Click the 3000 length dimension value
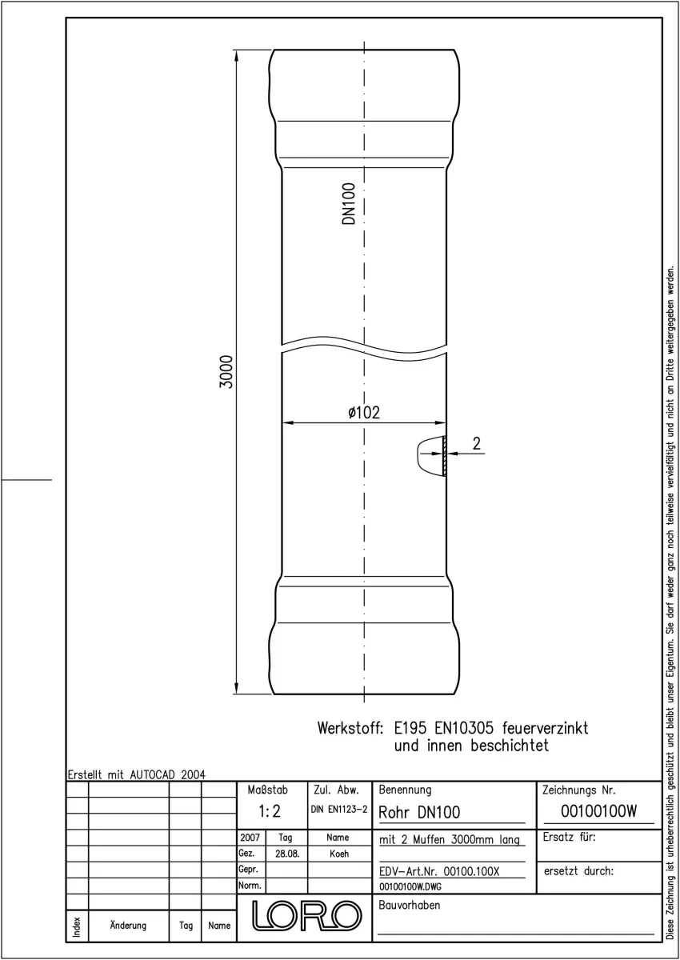[226, 371]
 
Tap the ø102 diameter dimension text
[364, 412]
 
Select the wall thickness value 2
[477, 443]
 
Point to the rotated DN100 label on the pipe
[349, 203]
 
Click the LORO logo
[306, 915]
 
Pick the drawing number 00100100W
[598, 811]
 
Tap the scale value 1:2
[270, 811]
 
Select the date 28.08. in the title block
[287, 854]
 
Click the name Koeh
[339, 854]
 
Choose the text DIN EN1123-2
[339, 809]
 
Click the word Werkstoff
[350, 728]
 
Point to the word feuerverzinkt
[545, 728]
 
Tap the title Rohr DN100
[419, 812]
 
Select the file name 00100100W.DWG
[410, 886]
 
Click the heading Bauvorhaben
[409, 905]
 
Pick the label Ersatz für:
[569, 837]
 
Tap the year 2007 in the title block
[250, 837]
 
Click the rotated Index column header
[77, 926]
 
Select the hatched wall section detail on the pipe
[444, 455]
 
